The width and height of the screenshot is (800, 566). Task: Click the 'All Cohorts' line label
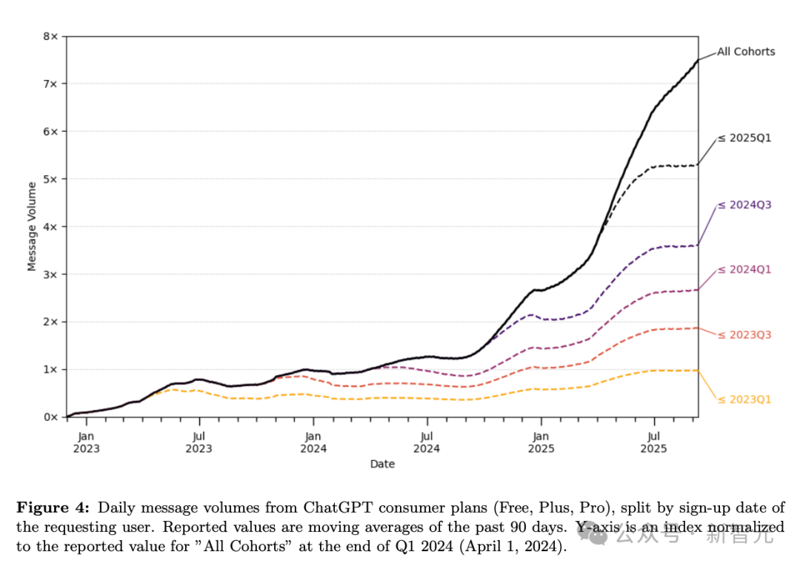[746, 52]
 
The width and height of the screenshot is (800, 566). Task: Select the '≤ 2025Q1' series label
[744, 138]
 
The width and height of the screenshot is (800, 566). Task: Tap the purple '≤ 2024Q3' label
[744, 205]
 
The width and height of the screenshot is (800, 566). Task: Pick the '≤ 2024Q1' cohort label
[744, 269]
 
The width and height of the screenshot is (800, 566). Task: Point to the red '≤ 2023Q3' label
[744, 334]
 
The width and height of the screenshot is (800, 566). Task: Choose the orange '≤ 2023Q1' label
[744, 400]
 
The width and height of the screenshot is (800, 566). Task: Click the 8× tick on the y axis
[50, 36]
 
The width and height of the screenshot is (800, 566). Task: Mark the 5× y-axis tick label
[50, 179]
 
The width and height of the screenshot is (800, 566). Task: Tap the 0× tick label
[50, 417]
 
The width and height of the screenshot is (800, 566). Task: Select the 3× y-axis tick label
[50, 274]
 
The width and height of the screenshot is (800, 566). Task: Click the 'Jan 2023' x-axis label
[86, 442]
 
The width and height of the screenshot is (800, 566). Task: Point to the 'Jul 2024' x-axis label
[427, 442]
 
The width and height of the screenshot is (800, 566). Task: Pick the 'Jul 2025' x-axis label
[653, 442]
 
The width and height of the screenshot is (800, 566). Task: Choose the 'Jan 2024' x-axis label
[313, 442]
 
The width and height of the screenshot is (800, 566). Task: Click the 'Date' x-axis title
[382, 464]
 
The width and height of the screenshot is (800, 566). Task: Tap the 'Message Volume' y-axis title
[32, 226]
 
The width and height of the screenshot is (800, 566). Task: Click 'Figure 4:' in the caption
[53, 508]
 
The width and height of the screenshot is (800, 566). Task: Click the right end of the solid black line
[698, 60]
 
